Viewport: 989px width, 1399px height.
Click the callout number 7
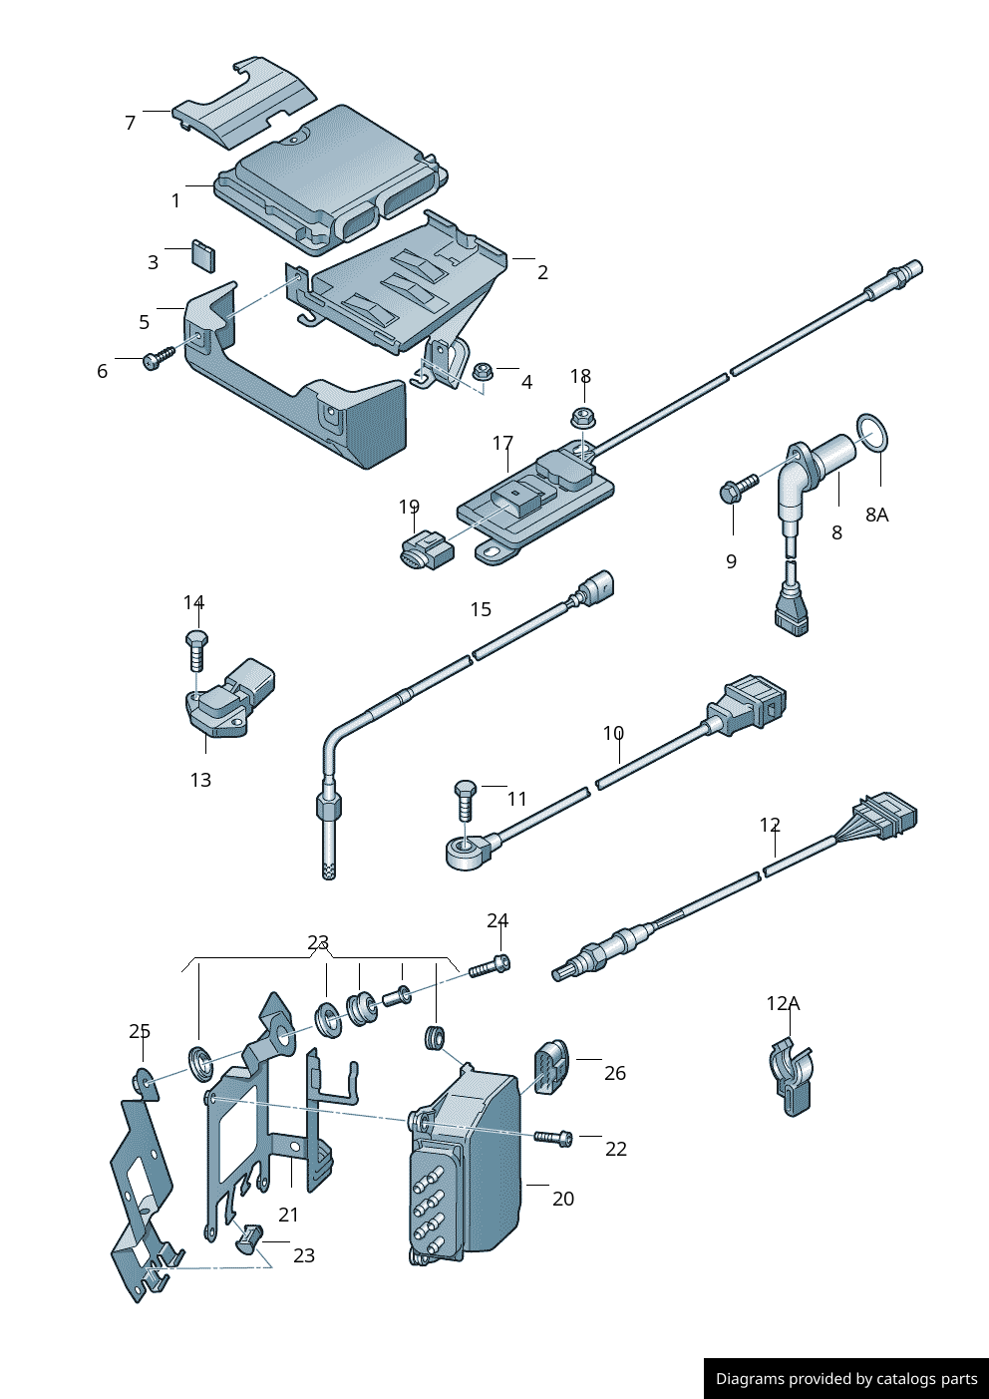click(130, 123)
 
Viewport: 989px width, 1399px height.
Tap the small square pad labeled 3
click(203, 255)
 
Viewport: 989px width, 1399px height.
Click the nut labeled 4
click(483, 371)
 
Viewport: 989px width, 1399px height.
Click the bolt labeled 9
click(738, 487)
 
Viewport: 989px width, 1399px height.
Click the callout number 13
click(200, 780)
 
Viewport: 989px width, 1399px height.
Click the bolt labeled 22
click(553, 1137)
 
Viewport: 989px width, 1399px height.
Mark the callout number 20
click(563, 1199)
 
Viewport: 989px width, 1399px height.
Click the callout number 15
click(481, 609)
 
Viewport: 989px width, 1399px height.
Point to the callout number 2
click(542, 272)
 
